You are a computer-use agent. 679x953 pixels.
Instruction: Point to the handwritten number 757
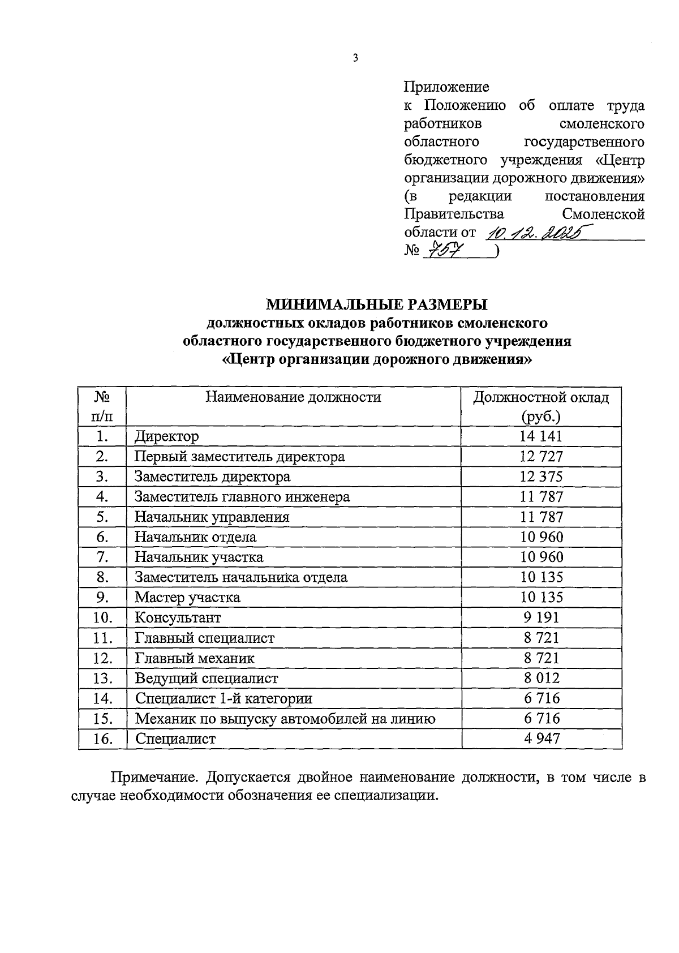445,250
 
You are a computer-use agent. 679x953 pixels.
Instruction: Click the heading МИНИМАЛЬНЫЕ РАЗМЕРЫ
377,305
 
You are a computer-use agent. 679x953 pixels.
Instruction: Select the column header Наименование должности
293,397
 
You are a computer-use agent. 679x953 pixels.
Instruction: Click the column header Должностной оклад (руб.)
541,407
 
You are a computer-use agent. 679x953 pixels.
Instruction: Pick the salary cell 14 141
541,436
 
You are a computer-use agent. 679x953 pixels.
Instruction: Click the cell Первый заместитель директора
239,457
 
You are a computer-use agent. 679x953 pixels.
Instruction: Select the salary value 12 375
541,477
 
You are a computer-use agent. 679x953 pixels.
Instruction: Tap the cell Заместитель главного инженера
242,497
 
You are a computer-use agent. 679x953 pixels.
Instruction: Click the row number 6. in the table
102,537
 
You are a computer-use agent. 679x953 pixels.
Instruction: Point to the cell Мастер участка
187,598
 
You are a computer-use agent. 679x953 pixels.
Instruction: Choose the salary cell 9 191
541,617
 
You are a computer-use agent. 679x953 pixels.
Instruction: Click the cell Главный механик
195,658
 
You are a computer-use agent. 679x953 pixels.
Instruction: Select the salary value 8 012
541,678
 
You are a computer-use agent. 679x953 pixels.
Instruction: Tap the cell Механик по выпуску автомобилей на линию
285,719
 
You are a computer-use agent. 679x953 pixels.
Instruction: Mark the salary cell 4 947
541,739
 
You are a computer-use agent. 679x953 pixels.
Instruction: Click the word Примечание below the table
148,777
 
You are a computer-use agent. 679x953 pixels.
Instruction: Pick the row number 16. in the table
102,739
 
